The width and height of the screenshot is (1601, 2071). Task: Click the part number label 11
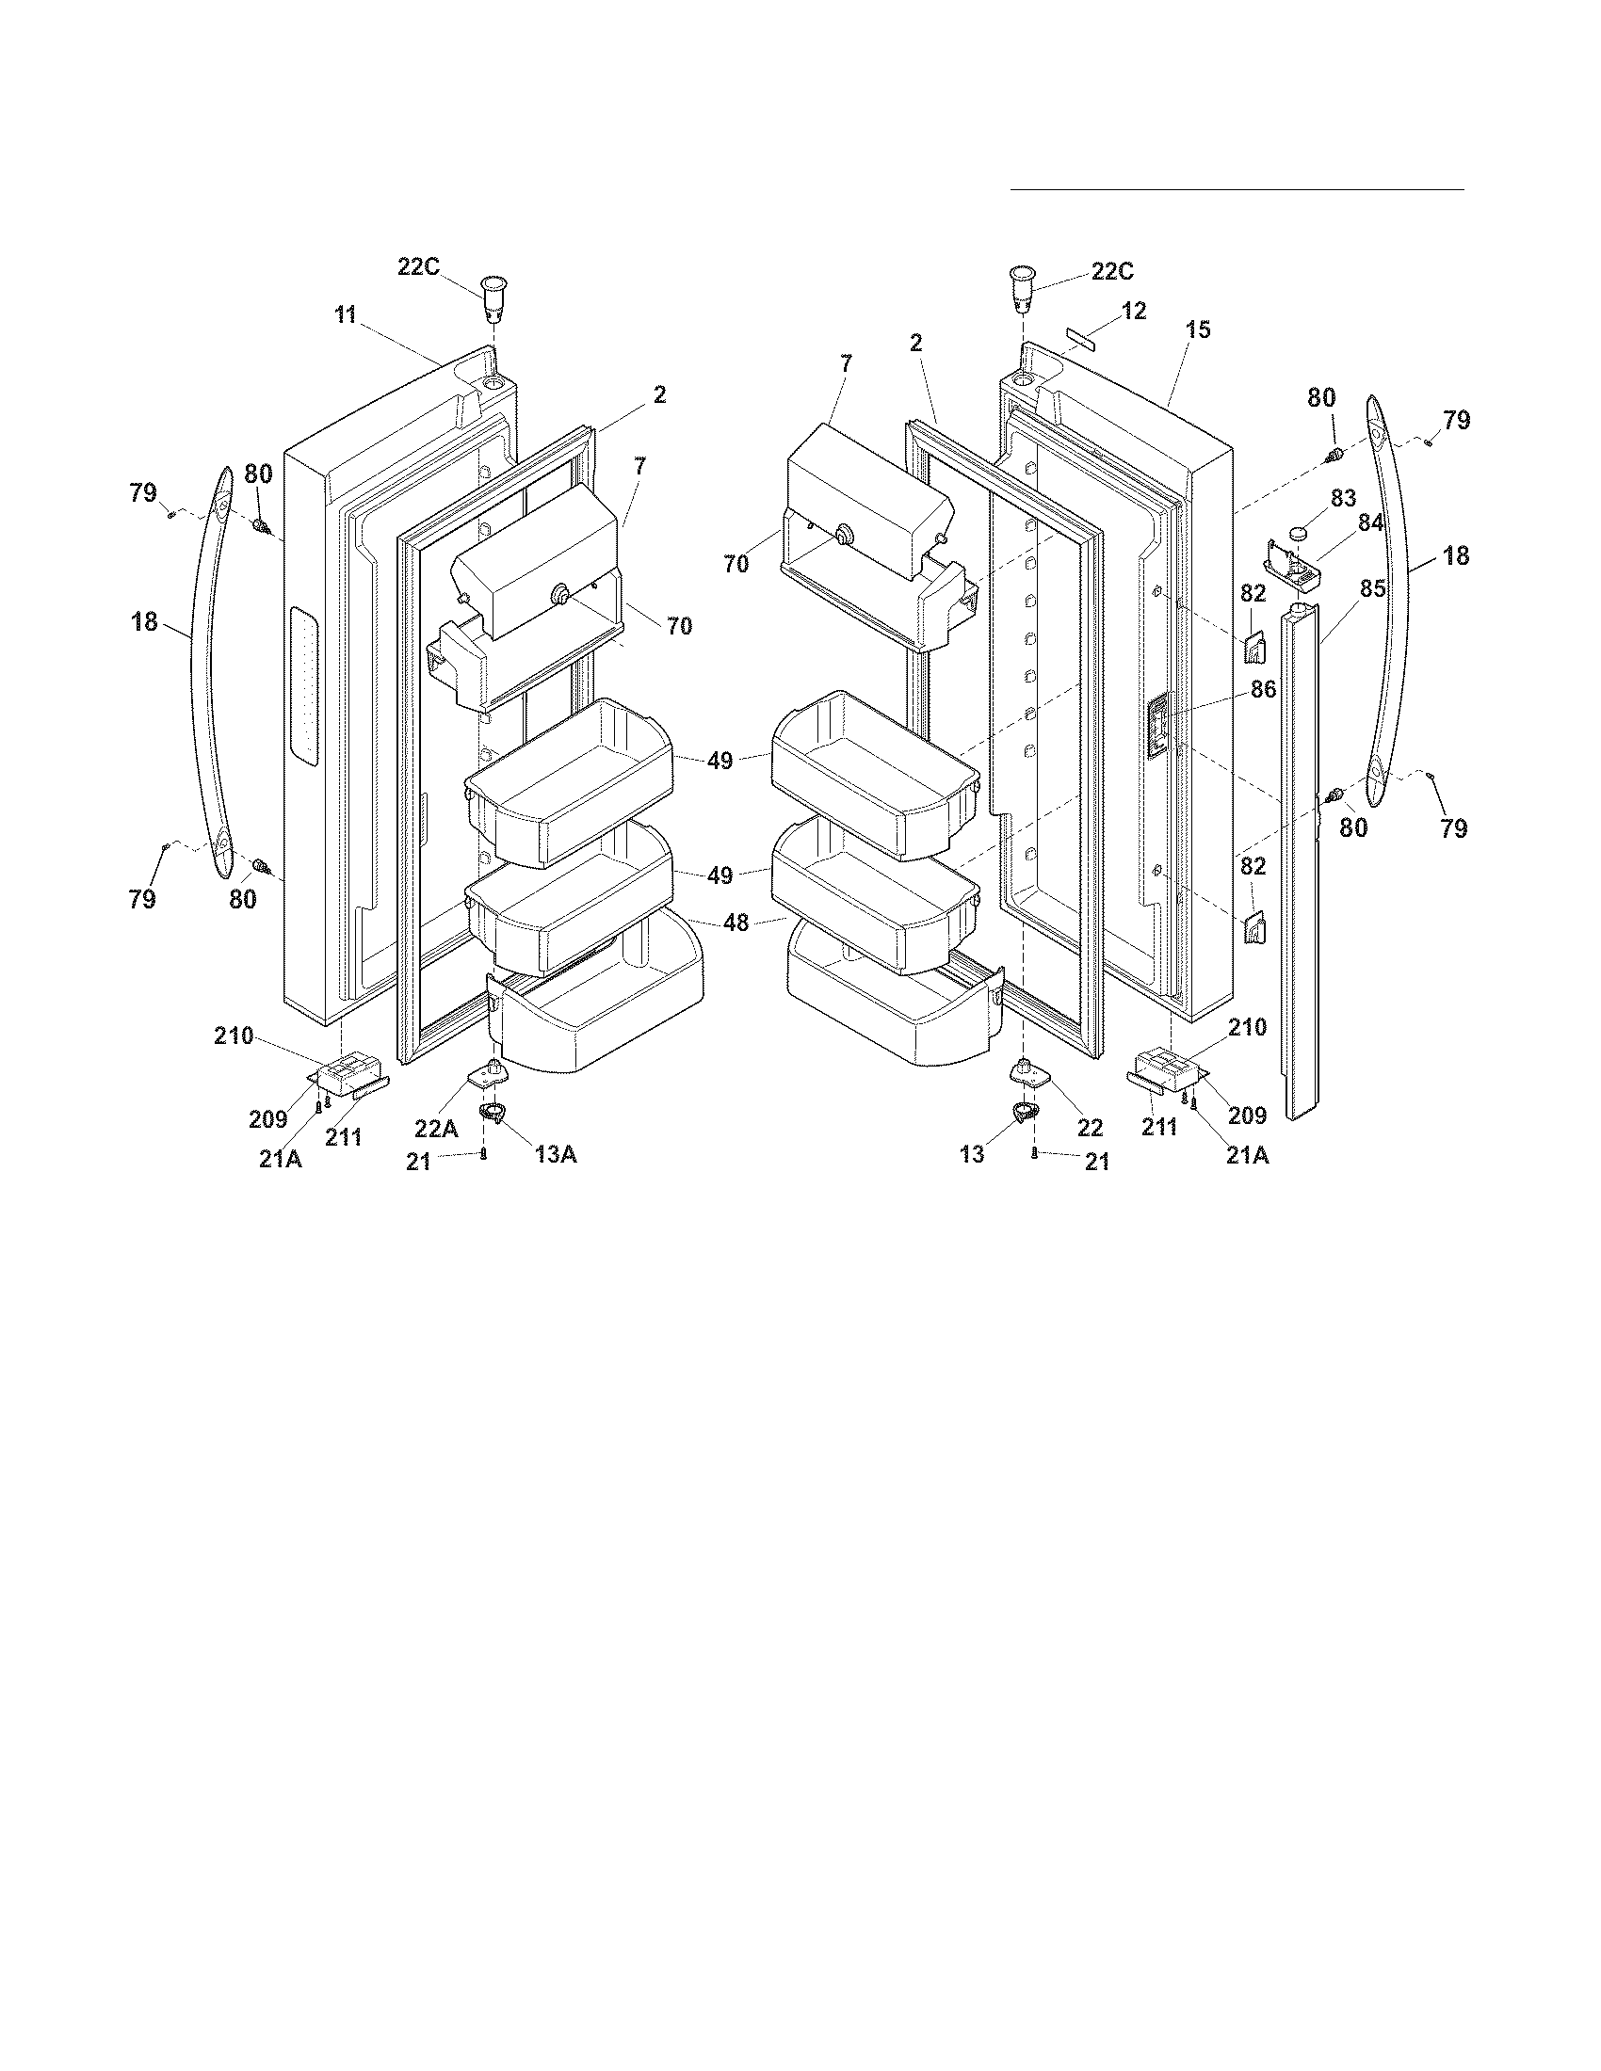[x=345, y=315]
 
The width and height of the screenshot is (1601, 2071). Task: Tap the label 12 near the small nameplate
[x=1133, y=310]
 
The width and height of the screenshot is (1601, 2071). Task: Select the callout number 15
[x=1198, y=329]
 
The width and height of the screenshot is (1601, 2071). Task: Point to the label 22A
[x=436, y=1129]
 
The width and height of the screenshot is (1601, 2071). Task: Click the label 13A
[x=556, y=1154]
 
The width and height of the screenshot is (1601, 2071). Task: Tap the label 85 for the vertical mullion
[x=1372, y=588]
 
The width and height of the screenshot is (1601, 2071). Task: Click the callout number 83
[x=1344, y=498]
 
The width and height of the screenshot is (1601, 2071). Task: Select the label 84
[x=1371, y=522]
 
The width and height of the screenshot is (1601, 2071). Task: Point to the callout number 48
[x=736, y=922]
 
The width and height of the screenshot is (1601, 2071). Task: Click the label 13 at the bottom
[x=973, y=1154]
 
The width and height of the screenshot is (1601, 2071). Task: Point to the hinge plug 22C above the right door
[x=1021, y=288]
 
